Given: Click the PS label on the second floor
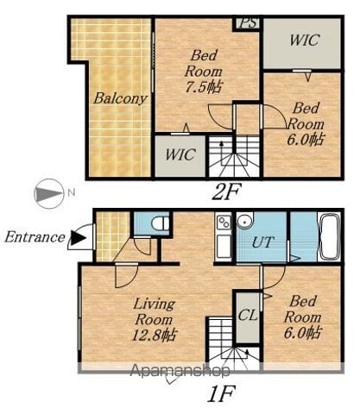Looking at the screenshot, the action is (x=249, y=22).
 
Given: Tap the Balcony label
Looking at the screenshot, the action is (x=120, y=98).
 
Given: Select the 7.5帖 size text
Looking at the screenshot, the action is (x=204, y=86).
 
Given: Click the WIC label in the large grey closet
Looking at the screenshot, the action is (x=304, y=40).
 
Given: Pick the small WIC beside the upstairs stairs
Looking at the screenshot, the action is (x=180, y=154).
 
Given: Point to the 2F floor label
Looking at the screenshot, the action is (x=225, y=192).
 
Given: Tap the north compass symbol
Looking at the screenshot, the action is (x=49, y=194).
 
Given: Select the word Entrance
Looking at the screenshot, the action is (x=35, y=237).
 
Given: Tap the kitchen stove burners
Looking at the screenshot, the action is (x=224, y=222).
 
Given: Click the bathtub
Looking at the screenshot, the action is (x=329, y=236).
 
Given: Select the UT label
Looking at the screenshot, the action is (x=263, y=242).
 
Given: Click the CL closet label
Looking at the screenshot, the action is (x=248, y=316).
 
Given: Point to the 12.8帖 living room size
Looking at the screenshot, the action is (x=154, y=336).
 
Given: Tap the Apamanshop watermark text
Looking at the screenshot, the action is (x=180, y=371).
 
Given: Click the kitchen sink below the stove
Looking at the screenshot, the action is (x=224, y=246).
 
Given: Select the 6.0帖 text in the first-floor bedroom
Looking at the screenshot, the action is (x=302, y=333).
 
